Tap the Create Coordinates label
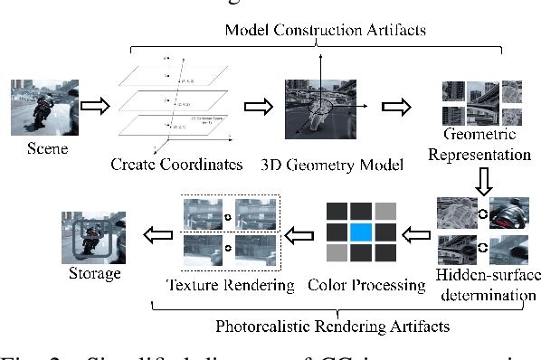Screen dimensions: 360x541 pyautogui.click(x=177, y=164)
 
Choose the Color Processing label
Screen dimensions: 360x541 pyautogui.click(x=366, y=286)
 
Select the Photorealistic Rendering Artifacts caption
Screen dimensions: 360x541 pyautogui.click(x=339, y=324)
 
